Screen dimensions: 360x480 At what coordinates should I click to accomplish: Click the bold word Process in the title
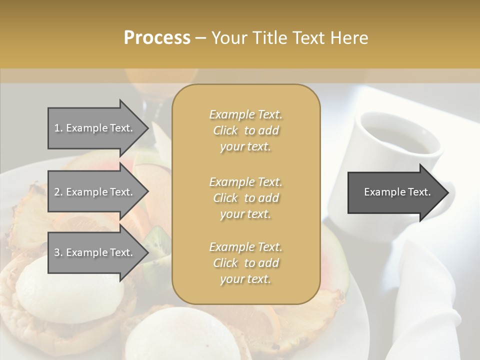pyautogui.click(x=157, y=38)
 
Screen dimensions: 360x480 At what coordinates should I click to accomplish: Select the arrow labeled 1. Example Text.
pyautogui.click(x=95, y=128)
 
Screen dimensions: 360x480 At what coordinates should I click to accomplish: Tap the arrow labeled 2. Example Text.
pyautogui.click(x=95, y=192)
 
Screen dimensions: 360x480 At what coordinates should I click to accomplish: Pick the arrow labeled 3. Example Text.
pyautogui.click(x=95, y=252)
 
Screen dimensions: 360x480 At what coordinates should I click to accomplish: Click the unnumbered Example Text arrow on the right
pyautogui.click(x=395, y=192)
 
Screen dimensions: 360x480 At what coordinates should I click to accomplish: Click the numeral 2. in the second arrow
pyautogui.click(x=58, y=192)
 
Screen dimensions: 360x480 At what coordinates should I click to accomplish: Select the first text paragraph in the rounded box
pyautogui.click(x=245, y=130)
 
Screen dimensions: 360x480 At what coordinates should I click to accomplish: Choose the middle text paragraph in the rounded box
pyautogui.click(x=245, y=198)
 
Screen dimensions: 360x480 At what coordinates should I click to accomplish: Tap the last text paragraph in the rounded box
pyautogui.click(x=245, y=263)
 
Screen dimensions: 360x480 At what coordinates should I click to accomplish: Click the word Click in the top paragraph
pyautogui.click(x=225, y=130)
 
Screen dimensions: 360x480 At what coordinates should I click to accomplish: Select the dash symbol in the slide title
pyautogui.click(x=201, y=38)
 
